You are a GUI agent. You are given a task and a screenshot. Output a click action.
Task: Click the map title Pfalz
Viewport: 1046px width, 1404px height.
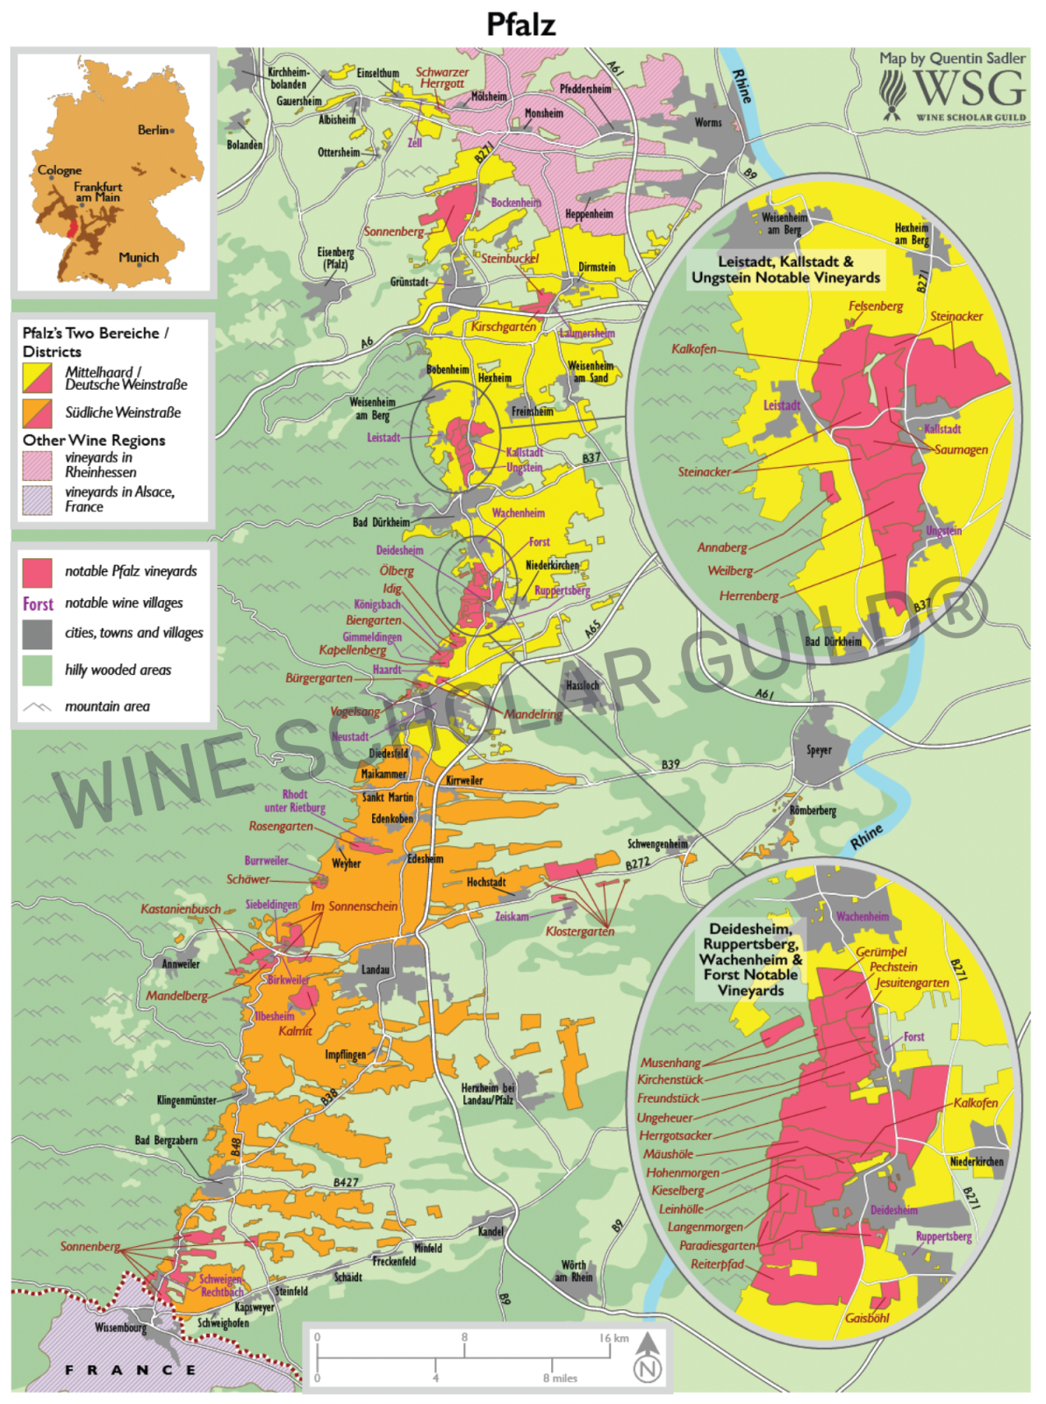[x=521, y=24]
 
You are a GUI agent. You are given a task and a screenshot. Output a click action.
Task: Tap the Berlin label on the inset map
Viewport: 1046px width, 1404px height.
[x=153, y=130]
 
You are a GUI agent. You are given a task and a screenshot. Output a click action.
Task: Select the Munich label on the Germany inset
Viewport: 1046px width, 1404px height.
[x=139, y=257]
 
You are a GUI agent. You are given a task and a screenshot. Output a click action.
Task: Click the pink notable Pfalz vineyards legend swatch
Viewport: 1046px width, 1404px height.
[x=37, y=572]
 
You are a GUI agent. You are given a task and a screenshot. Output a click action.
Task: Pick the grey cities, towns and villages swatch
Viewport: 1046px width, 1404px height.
[x=37, y=634]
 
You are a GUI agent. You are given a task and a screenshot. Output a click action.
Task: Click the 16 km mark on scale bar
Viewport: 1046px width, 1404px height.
[x=614, y=1338]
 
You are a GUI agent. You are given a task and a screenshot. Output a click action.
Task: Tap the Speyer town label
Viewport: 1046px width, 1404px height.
[x=819, y=750]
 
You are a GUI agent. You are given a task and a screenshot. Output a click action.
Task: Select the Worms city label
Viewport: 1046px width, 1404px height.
[x=708, y=123]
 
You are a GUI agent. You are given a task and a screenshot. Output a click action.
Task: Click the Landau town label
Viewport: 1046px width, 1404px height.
[x=376, y=970]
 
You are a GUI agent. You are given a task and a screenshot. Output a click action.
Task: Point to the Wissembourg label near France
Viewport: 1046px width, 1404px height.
[x=121, y=1328]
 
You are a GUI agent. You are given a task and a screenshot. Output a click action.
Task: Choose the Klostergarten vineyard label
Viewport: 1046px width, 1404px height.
[x=580, y=931]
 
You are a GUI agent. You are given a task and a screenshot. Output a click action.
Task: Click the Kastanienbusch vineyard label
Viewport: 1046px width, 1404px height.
[x=181, y=909]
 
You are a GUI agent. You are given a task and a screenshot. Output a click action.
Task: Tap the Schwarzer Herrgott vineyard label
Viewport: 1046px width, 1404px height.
[x=442, y=78]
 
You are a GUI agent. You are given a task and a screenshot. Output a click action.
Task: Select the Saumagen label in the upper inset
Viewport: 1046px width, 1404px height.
[x=961, y=449]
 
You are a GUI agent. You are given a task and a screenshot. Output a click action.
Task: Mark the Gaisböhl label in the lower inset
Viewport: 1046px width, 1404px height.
[x=867, y=1318]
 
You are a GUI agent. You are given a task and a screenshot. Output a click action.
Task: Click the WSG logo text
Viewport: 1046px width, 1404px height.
[x=969, y=90]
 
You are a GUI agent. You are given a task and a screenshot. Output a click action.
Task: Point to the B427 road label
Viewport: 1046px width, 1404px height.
[x=346, y=1182]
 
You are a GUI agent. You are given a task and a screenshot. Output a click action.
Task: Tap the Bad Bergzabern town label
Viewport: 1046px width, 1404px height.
[x=166, y=1141]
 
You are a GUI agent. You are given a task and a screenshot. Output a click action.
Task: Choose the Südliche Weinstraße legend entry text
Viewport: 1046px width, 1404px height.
[x=123, y=412]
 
